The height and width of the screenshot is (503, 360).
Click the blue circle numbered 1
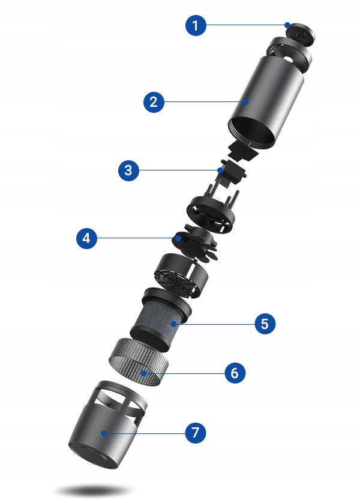tap(196, 25)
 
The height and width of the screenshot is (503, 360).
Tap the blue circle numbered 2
tap(154, 102)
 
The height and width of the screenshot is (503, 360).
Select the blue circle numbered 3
tap(128, 170)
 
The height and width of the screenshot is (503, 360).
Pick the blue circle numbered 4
tap(86, 238)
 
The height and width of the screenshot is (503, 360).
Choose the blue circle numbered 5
tap(265, 324)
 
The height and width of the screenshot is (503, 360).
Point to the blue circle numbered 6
tap(235, 373)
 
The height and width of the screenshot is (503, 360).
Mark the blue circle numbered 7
tap(196, 433)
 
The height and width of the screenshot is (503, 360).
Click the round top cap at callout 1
tap(300, 34)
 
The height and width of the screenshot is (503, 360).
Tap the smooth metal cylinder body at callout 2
tap(266, 100)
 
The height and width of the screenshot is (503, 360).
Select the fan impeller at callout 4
tap(194, 242)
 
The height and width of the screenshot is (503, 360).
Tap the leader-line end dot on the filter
tap(174, 324)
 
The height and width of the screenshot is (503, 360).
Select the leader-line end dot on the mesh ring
tap(144, 373)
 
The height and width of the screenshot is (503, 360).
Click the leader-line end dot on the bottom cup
tap(104, 433)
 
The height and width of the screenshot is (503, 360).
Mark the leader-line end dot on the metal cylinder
tap(245, 102)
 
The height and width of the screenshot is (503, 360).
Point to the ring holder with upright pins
tap(212, 212)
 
